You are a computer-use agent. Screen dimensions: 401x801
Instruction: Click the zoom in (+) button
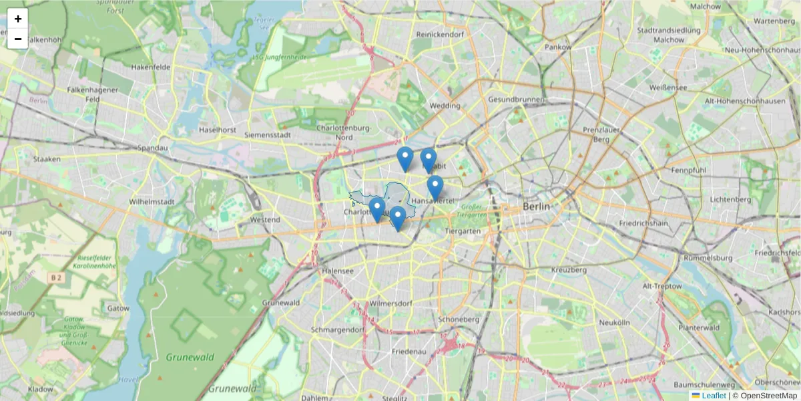tap(18, 19)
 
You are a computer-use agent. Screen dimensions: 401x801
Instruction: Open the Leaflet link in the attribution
tap(714, 396)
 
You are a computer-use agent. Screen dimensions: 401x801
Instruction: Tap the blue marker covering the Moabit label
tap(429, 160)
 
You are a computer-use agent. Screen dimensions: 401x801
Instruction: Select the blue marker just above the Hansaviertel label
tap(435, 187)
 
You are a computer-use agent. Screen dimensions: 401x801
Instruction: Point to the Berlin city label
tap(537, 207)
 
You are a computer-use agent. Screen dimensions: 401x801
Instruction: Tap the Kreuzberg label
tap(569, 270)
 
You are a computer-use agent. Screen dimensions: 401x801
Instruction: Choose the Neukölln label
tap(615, 322)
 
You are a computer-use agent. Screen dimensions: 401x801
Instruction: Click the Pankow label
tap(558, 47)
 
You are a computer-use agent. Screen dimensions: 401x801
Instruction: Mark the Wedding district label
tap(445, 106)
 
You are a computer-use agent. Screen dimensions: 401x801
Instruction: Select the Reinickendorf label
tap(440, 34)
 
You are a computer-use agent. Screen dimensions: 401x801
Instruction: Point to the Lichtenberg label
tap(731, 199)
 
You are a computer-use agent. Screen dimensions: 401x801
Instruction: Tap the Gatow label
tap(118, 308)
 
